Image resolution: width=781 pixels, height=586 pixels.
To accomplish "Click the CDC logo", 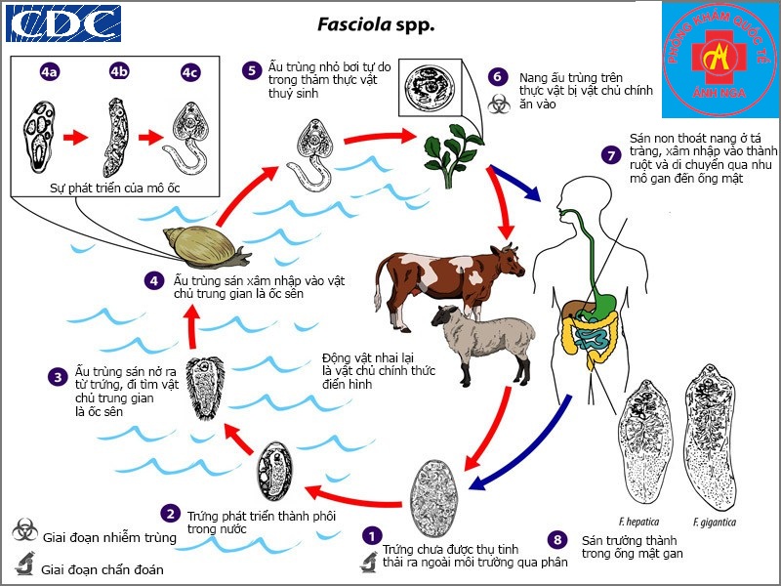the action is coord(63,23).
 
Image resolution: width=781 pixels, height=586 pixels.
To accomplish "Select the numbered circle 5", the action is coord(252,70).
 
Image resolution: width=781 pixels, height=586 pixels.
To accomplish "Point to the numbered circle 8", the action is coord(557,540).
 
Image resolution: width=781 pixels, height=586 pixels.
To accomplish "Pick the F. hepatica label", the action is coord(638,523).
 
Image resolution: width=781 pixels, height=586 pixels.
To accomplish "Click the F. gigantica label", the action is coord(715,523).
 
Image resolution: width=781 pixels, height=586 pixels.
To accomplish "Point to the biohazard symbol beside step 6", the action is coord(499,105).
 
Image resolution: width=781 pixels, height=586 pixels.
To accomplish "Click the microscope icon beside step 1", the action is coord(369,562).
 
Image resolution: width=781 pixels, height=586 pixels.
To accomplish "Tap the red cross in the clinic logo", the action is coord(719,57).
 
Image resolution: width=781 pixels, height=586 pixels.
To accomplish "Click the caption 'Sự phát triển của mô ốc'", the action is coord(115,188).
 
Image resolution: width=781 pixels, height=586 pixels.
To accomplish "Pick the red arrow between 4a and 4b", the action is coord(76,137).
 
